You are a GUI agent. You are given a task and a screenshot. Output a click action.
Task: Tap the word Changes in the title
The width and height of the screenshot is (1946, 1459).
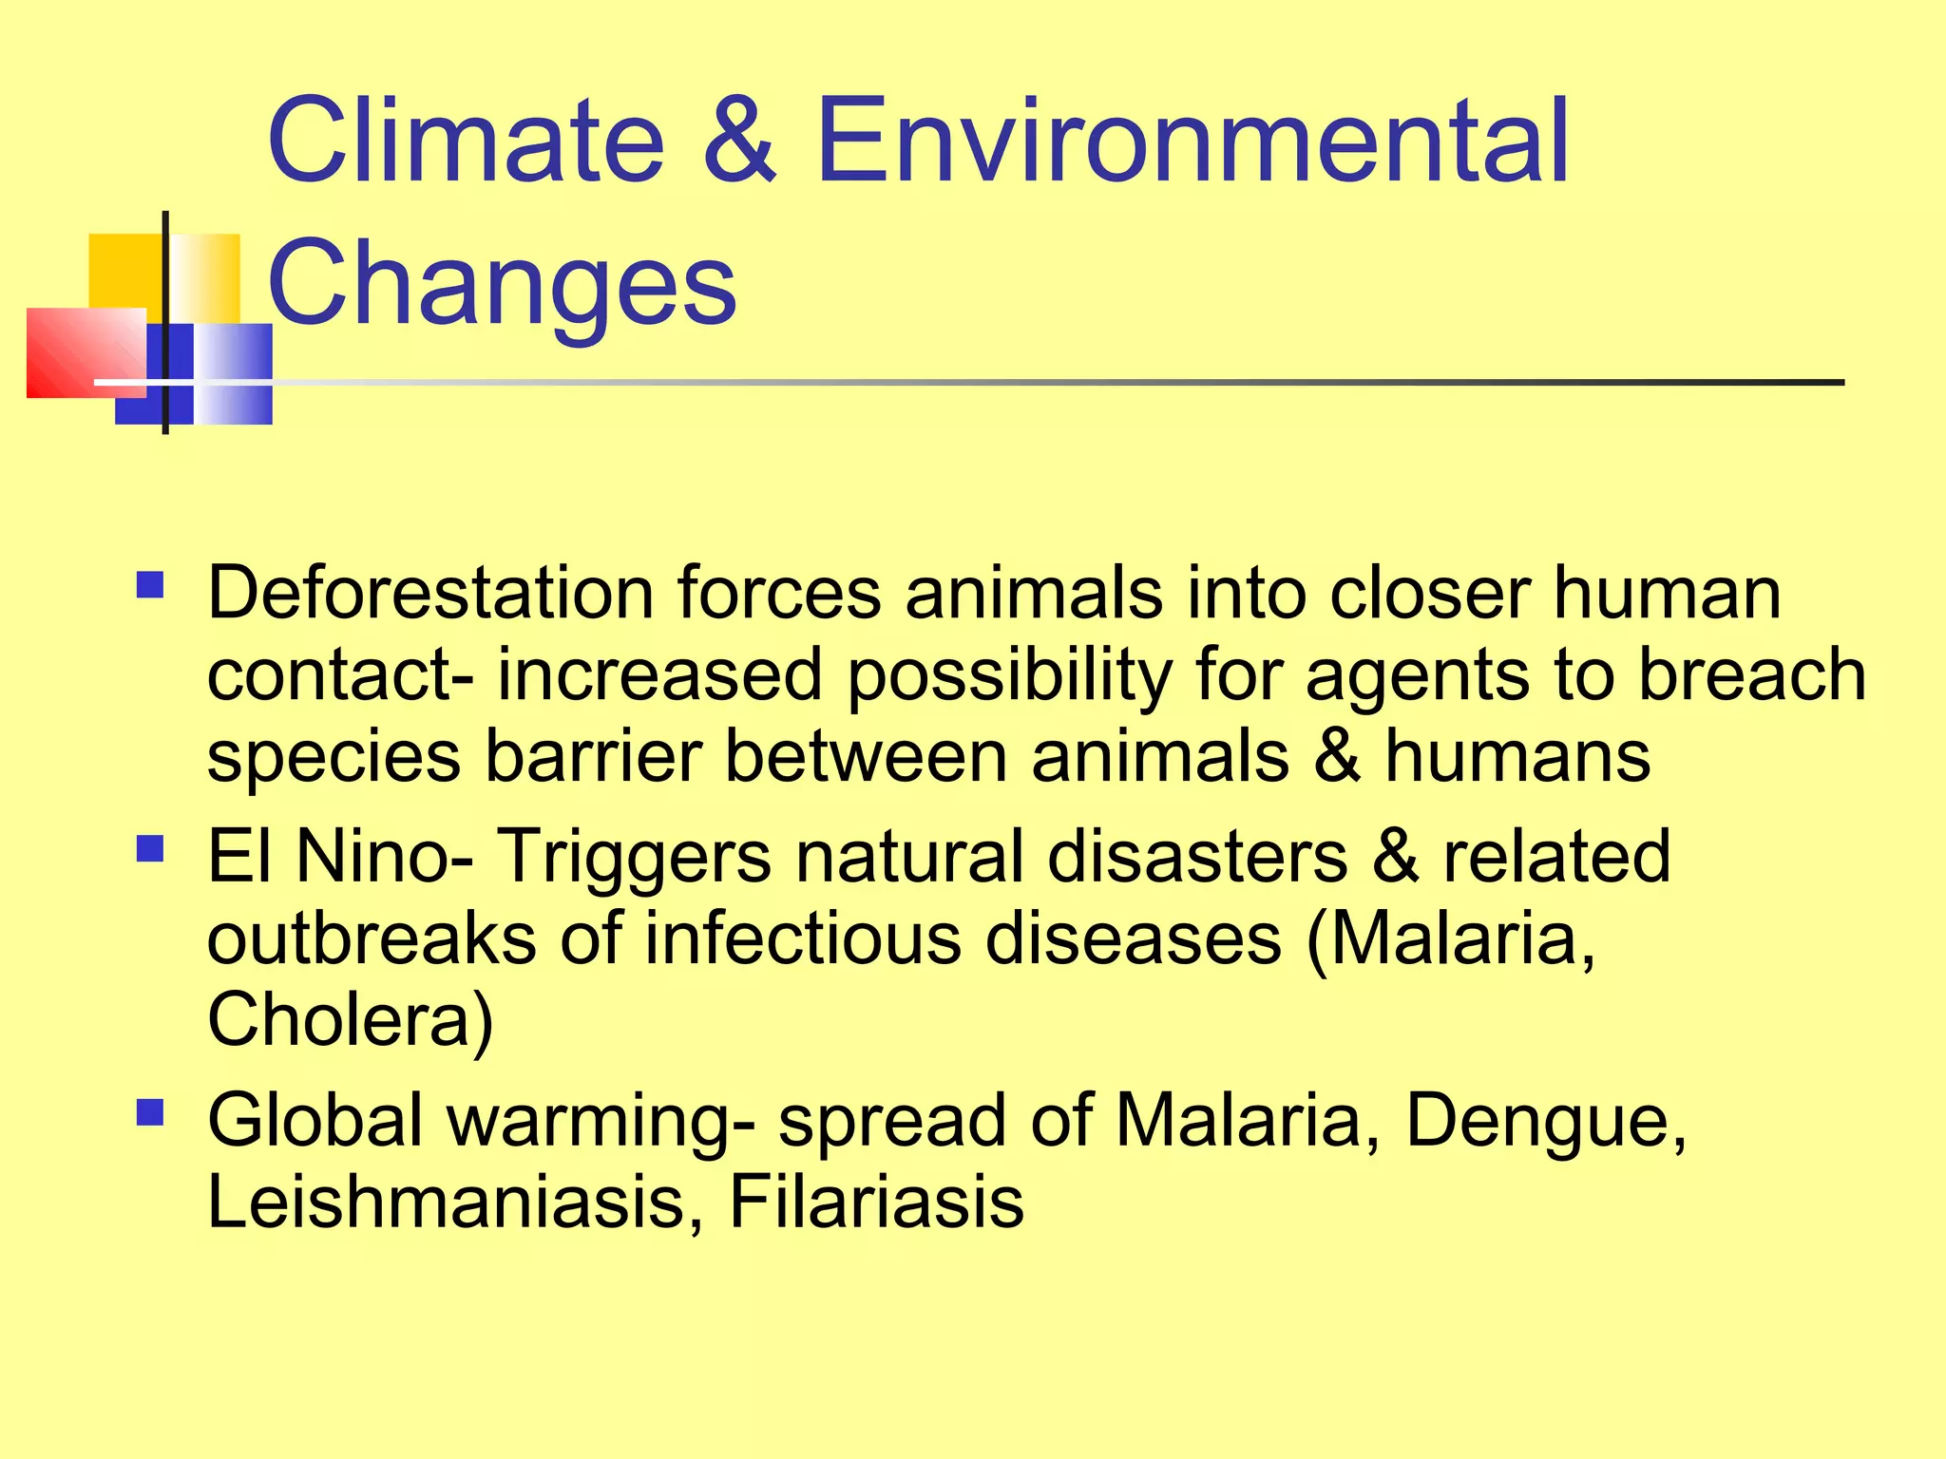coord(502,283)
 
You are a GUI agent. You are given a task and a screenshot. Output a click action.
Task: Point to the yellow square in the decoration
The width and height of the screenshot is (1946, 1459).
coord(124,270)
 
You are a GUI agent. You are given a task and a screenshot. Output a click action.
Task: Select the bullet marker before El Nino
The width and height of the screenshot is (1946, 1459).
coord(150,847)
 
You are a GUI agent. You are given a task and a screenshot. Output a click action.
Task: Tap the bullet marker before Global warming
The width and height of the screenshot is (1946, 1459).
coord(150,1111)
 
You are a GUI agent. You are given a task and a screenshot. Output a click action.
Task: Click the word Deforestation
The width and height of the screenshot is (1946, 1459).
coord(429,593)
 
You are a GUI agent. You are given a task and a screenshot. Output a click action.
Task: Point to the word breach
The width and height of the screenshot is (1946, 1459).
coord(1752,674)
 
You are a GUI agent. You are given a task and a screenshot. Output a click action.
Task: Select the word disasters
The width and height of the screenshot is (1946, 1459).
coord(1197,856)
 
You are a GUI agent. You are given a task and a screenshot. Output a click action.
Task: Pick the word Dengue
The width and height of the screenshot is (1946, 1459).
coord(1545,1122)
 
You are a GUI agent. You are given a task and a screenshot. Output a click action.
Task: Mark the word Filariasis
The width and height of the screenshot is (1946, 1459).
coord(876,1202)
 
